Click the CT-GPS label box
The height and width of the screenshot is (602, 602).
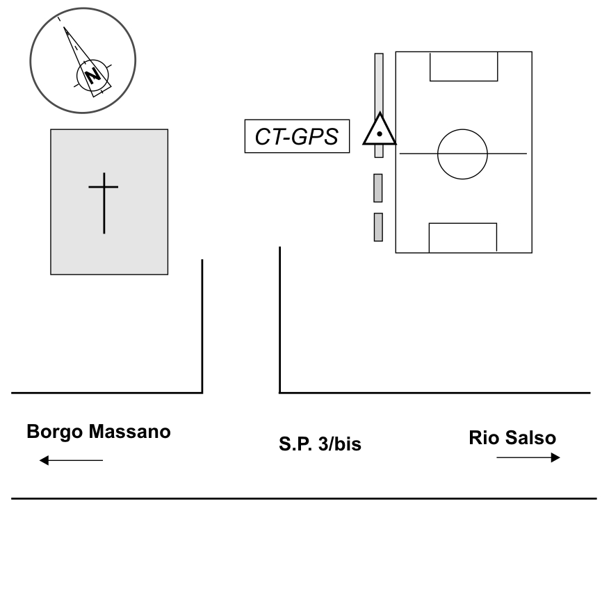click(297, 136)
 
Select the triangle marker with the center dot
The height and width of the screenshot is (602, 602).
click(379, 130)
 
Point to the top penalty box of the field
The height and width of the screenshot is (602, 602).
click(464, 66)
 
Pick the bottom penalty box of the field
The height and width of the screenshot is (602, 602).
click(462, 238)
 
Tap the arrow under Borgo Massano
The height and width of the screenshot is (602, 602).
click(71, 459)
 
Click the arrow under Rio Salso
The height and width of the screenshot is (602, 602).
click(528, 457)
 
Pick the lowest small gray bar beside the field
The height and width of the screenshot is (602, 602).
click(378, 227)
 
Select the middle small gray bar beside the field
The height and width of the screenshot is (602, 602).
click(378, 188)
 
